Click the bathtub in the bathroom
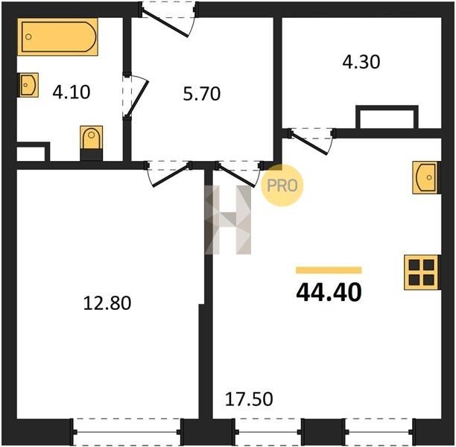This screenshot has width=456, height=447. tap(57, 37)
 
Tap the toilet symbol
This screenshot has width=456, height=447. tap(92, 143)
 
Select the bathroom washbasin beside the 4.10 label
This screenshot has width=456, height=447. tap(29, 85)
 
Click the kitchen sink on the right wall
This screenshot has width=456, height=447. tap(426, 177)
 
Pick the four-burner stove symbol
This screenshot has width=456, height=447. tap(422, 273)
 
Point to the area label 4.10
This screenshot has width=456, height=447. tap(72, 92)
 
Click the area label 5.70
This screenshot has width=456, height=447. tap(202, 94)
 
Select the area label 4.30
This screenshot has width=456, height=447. tap(361, 63)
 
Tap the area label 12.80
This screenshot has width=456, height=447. tap(107, 302)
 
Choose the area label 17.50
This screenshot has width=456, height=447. tap(249, 399)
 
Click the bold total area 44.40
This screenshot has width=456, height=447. tap(329, 292)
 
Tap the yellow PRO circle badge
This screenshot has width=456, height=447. tap(282, 186)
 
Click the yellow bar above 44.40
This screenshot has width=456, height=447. tap(329, 270)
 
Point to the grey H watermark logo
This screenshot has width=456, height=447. tap(228, 220)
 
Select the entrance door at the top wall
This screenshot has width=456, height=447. tap(168, 19)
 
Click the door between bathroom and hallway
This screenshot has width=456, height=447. tap(136, 95)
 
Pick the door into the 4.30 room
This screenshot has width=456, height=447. tap(311, 141)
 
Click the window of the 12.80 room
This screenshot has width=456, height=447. tap(126, 432)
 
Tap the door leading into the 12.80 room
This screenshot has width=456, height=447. tap(169, 174)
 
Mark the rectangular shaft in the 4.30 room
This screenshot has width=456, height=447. tap(387, 117)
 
